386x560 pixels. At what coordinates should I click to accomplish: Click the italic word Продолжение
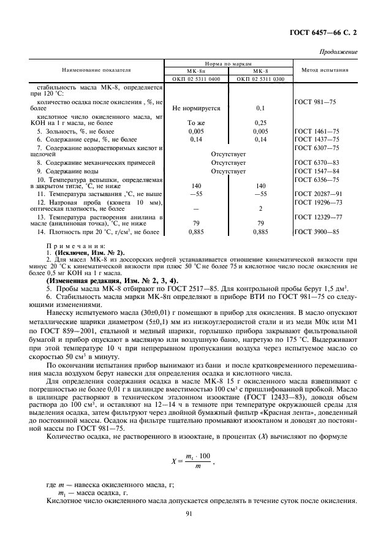(x=339, y=52)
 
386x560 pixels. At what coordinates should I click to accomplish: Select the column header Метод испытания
(x=325, y=70)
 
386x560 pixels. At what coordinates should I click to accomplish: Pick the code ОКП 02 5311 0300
(x=260, y=79)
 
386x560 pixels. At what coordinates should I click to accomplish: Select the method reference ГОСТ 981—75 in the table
(x=316, y=101)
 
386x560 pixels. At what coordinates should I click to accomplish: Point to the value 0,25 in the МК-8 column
(x=260, y=123)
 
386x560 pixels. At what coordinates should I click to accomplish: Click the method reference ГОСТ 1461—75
(x=317, y=131)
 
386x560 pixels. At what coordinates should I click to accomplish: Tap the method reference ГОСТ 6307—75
(x=317, y=148)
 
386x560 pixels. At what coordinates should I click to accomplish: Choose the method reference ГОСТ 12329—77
(x=318, y=217)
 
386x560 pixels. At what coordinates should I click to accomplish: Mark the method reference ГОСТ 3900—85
(x=317, y=232)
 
